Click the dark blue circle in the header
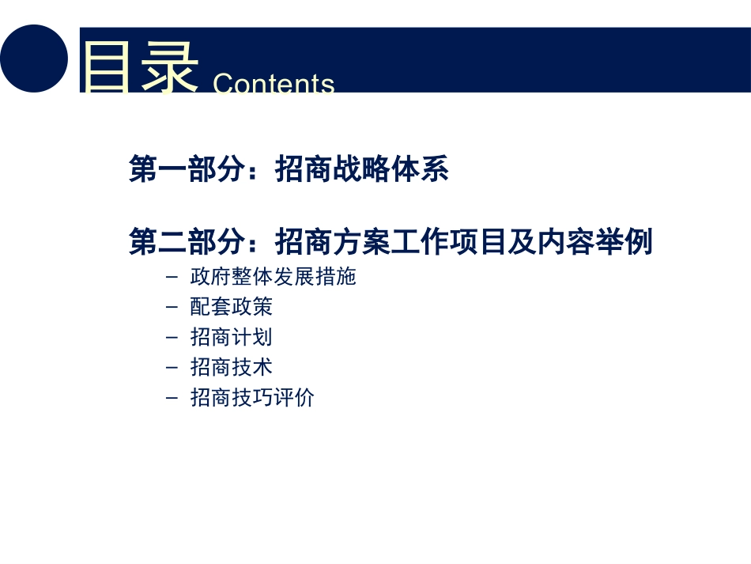point(34,59)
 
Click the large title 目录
point(139,68)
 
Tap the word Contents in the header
point(274,84)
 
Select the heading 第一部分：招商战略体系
point(289,170)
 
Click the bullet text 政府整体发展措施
point(274,278)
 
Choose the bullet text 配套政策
point(232,308)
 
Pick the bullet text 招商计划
point(232,338)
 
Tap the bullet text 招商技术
point(232,368)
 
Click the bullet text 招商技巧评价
point(252,398)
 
